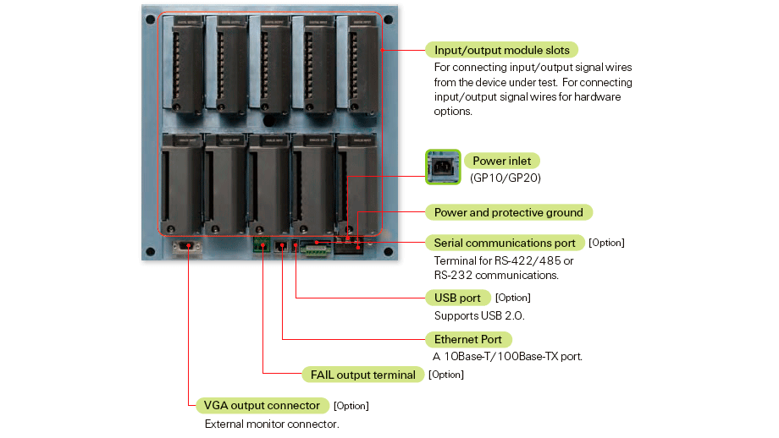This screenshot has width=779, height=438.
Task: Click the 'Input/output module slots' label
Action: [x=501, y=50]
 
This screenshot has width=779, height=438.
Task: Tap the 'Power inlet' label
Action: [x=502, y=161]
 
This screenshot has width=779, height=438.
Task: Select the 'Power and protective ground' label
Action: [x=509, y=212]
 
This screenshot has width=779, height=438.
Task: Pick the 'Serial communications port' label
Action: [x=505, y=243]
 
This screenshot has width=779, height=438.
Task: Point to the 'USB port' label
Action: [x=457, y=298]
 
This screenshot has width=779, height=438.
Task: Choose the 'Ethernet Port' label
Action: [x=468, y=339]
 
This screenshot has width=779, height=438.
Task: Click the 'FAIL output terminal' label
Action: [x=362, y=375]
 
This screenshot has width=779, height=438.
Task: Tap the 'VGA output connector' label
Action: [x=262, y=405]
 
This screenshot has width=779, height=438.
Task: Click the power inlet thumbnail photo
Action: [x=443, y=167]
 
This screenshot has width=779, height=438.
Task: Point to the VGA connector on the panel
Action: [x=187, y=247]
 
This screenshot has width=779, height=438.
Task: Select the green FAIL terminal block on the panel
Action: [x=262, y=244]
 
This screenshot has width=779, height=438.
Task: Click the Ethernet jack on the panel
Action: [x=281, y=245]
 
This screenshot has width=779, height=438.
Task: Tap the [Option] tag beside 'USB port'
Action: [x=513, y=298]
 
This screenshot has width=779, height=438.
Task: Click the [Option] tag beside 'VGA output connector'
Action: [x=351, y=406]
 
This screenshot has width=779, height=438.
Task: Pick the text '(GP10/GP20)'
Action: [x=506, y=178]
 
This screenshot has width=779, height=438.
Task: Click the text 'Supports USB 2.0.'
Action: [x=479, y=316]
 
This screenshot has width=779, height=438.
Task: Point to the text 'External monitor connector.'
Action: [x=272, y=424]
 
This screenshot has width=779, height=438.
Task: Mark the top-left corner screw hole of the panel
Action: [x=151, y=19]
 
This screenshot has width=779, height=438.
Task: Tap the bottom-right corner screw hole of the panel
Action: [x=389, y=252]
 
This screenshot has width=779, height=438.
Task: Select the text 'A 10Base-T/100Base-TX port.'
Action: [x=508, y=357]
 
